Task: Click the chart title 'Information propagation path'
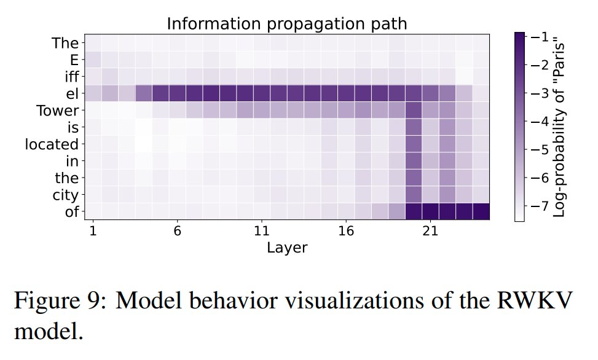tap(287, 24)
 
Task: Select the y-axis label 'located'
tap(52, 144)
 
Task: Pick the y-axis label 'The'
tap(66, 43)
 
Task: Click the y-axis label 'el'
tap(73, 94)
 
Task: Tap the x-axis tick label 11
tap(262, 232)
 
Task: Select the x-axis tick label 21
tap(430, 232)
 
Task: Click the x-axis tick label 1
tap(93, 232)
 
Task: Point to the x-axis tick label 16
tap(346, 232)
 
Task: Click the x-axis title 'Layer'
tap(286, 248)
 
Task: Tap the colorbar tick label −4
tap(540, 122)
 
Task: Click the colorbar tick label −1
tap(540, 37)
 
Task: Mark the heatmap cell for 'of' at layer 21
tap(430, 211)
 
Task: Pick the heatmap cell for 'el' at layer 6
tap(177, 94)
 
